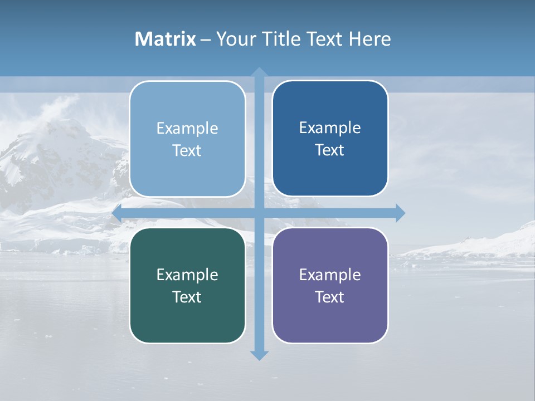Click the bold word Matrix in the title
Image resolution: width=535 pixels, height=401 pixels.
point(166,39)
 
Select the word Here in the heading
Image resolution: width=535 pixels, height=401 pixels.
point(370,39)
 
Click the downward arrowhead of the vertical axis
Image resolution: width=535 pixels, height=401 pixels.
point(259,355)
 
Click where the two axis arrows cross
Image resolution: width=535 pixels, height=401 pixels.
point(259,213)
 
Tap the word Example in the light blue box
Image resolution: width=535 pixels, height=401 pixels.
point(187,129)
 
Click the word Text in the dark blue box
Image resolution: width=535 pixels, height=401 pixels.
point(330,150)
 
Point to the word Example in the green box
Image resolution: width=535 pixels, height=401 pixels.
point(187,275)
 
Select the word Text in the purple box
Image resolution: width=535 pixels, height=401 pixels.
point(330,297)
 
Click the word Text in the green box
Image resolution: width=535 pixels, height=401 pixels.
point(187,297)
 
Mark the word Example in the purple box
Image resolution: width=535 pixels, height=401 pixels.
point(330,275)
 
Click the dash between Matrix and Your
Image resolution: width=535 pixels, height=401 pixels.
point(206,40)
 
